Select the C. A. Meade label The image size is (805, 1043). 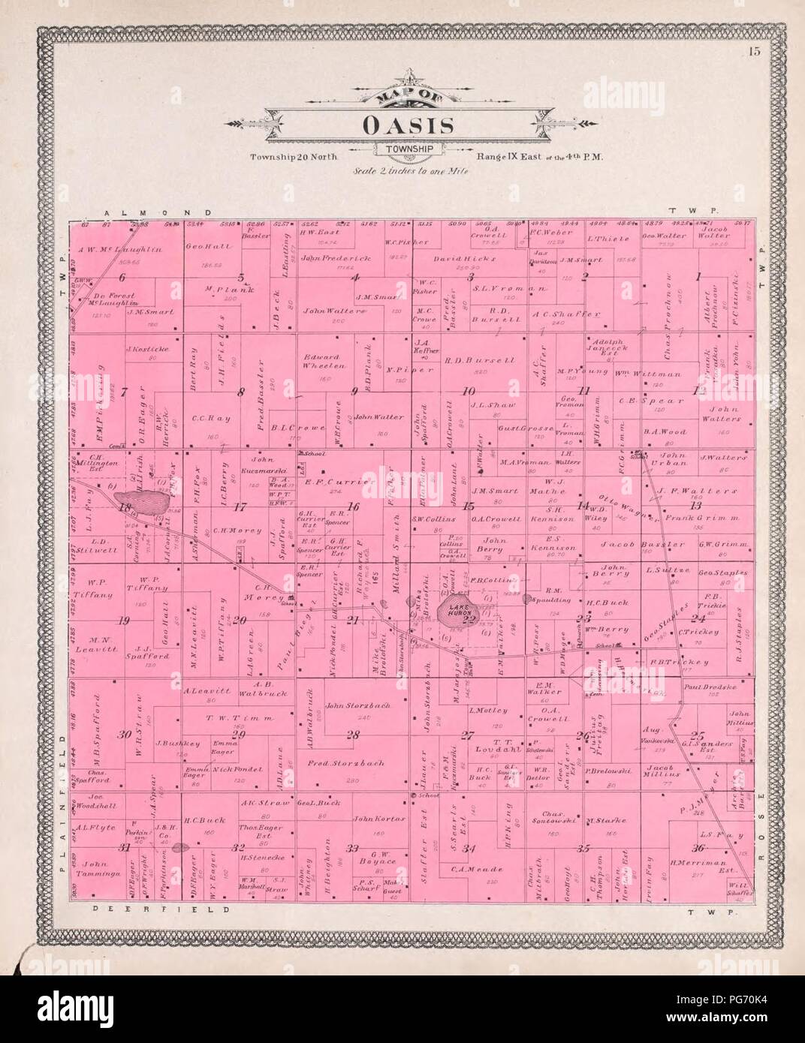pyautogui.click(x=466, y=868)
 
